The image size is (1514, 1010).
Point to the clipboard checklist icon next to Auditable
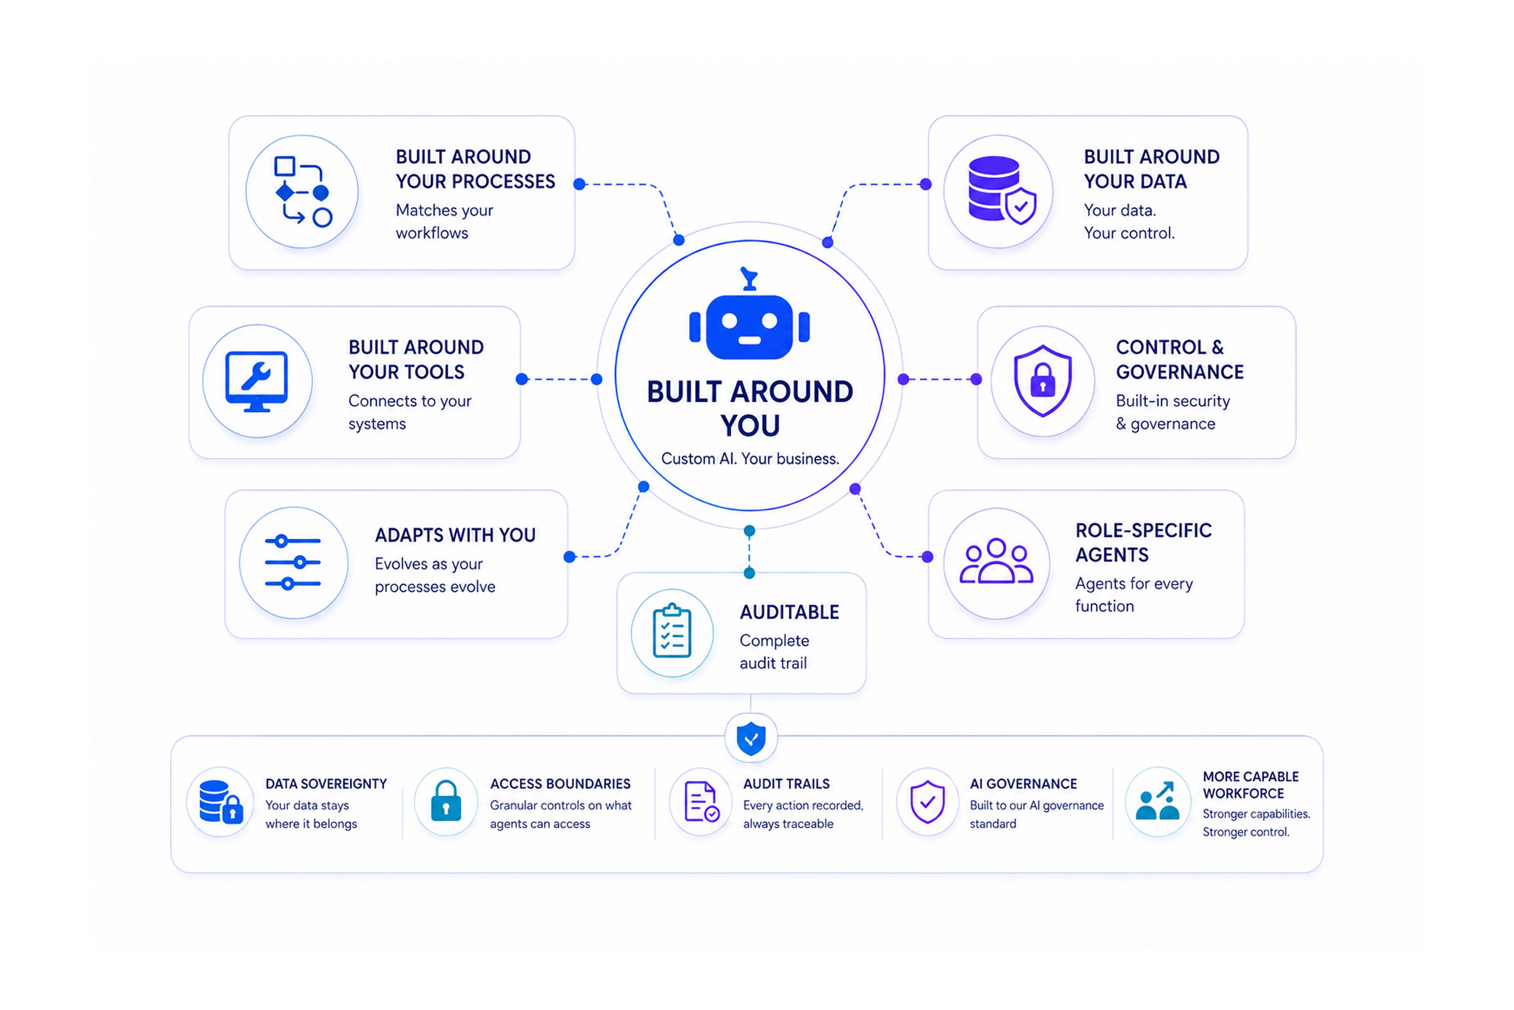(x=672, y=631)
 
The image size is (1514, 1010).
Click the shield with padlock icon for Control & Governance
(x=1043, y=381)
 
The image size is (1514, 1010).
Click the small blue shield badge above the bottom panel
(x=751, y=738)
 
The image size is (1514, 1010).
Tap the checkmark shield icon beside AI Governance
(x=927, y=802)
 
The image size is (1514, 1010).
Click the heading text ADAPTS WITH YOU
(x=455, y=535)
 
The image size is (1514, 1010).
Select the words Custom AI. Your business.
(x=750, y=459)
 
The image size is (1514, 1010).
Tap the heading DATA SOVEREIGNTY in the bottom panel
(x=326, y=784)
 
